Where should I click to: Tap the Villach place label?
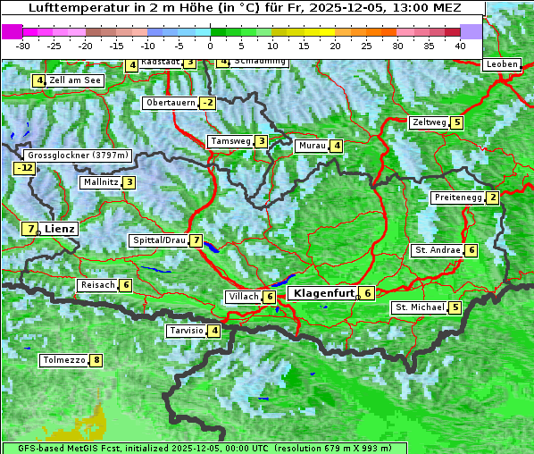(x=243, y=296)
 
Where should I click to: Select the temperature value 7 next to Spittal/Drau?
(x=196, y=240)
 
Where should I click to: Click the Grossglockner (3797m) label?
(x=79, y=155)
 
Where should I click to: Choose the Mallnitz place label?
(x=100, y=182)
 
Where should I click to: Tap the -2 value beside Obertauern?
(x=207, y=103)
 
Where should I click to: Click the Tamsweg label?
(x=229, y=141)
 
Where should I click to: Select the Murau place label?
(x=312, y=146)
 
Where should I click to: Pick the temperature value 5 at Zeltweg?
(x=457, y=122)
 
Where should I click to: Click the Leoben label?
(x=502, y=64)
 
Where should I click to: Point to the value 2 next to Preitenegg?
(x=493, y=198)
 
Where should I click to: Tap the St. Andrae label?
(x=438, y=250)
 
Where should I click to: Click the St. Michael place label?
(x=420, y=307)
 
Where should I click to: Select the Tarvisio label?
(x=186, y=331)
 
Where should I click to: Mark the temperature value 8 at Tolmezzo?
(x=96, y=361)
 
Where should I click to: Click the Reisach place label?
(x=98, y=285)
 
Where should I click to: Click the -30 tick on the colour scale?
(x=24, y=45)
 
